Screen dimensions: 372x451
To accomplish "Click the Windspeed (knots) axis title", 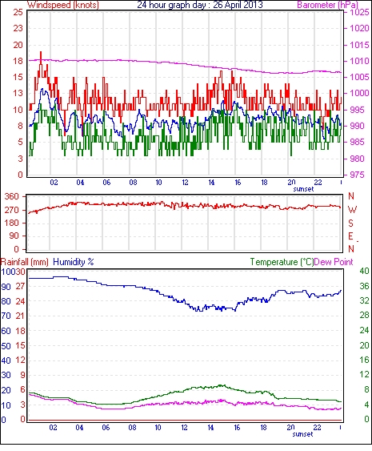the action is [x=63, y=5].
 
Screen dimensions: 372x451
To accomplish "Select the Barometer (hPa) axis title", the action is [x=327, y=5].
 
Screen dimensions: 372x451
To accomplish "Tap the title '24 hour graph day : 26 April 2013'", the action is [x=200, y=5].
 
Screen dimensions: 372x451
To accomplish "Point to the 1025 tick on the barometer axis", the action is [x=359, y=12].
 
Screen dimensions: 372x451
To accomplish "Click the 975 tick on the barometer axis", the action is [x=357, y=175].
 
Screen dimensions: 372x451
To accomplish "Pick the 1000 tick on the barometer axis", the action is [x=359, y=93].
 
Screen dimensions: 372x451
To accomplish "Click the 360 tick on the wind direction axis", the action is [x=12, y=197].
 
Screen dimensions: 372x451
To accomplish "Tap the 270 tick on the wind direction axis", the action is [x=12, y=210].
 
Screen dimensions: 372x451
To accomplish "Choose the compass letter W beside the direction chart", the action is [x=352, y=210].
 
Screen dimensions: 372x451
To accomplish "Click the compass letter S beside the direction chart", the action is [x=350, y=223].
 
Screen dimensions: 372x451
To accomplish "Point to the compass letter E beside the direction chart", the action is [x=350, y=236].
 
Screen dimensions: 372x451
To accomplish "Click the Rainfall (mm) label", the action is [x=25, y=262].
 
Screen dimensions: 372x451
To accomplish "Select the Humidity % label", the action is [x=74, y=262].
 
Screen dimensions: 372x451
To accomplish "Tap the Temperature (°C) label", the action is [x=282, y=262].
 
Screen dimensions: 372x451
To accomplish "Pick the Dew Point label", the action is [x=334, y=262].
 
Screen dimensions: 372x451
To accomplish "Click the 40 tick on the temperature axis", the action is [x=365, y=271].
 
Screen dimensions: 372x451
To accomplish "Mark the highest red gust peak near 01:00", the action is [x=41, y=52].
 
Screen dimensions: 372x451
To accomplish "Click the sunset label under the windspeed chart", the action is [x=303, y=189].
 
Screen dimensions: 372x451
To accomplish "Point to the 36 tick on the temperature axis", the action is [x=365, y=286].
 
